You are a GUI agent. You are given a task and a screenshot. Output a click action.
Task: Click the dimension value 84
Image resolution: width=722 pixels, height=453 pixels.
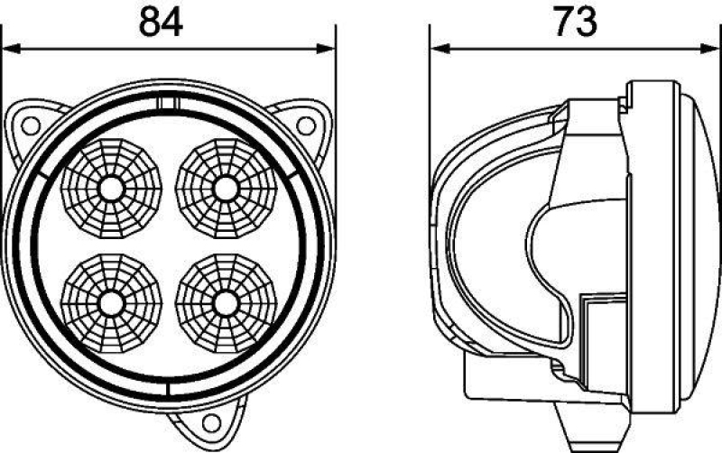[x=161, y=22]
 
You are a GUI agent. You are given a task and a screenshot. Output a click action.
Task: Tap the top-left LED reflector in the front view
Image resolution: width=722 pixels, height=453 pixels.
[x=111, y=189]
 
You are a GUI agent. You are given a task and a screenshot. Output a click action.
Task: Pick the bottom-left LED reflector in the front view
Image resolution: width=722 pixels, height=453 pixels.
[x=111, y=301]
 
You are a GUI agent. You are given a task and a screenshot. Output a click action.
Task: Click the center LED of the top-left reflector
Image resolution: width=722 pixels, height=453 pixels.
[x=111, y=189]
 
